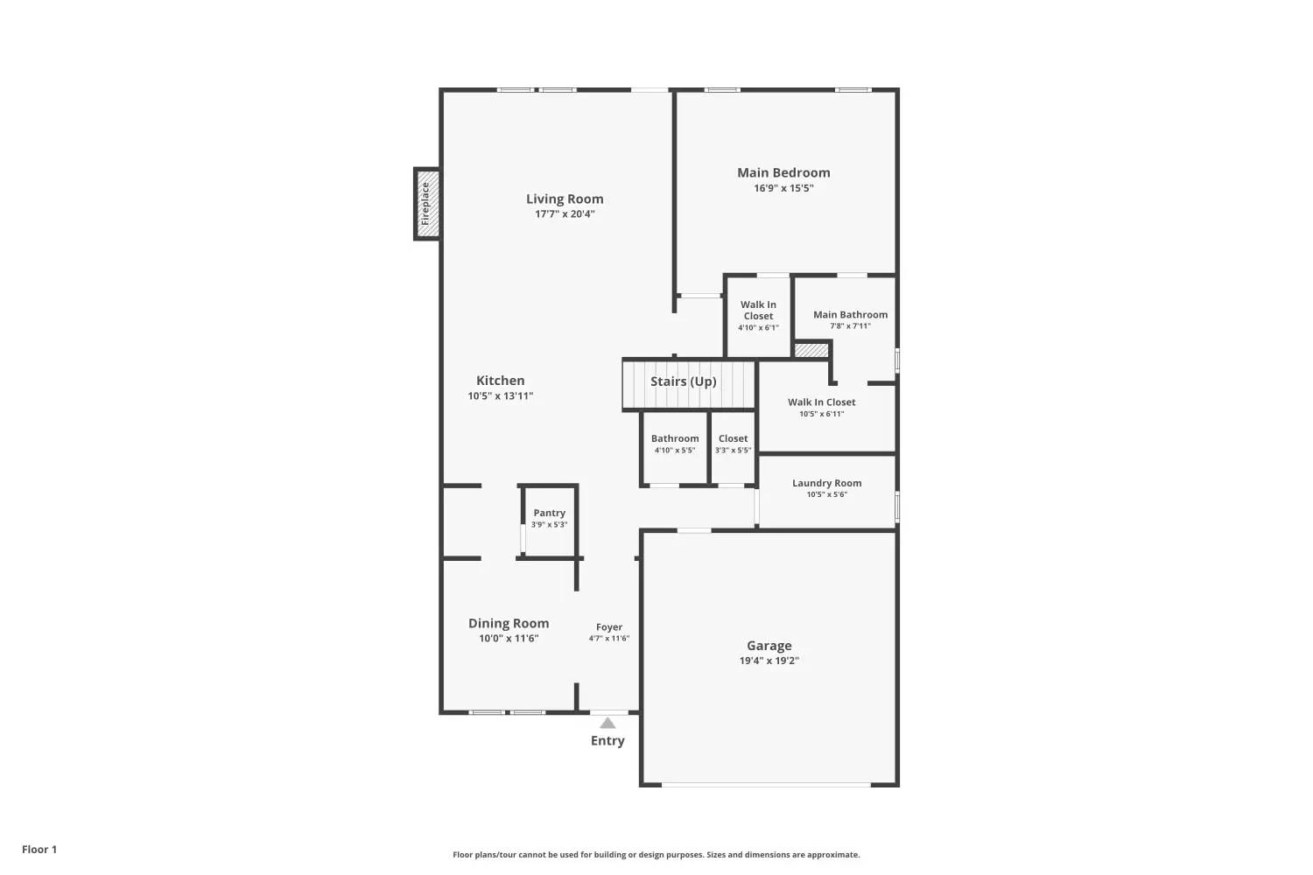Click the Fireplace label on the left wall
coord(425,204)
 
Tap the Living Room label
coord(565,199)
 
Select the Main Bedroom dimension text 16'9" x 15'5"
coord(783,188)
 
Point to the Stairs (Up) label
coord(683,381)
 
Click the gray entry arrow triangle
coord(607,723)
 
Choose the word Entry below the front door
coord(607,741)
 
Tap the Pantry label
coord(550,513)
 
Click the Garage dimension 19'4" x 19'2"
coord(769,661)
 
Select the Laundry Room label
coord(826,483)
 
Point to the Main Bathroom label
coord(850,315)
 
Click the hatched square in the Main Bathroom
coord(811,350)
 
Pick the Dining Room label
coord(509,623)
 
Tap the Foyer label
coord(609,627)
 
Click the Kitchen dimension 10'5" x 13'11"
coord(500,396)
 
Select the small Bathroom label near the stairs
coord(675,438)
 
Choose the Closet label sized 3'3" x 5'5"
coord(733,438)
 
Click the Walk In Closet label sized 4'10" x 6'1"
coord(758,310)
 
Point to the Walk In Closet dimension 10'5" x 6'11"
coord(821,414)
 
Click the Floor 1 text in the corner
coord(39,850)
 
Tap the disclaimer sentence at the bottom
coord(656,855)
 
